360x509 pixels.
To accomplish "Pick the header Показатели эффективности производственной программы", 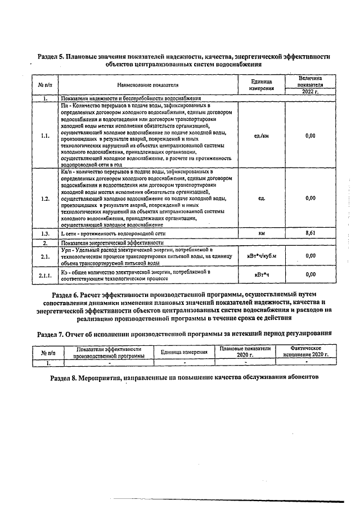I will coord(106,352).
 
